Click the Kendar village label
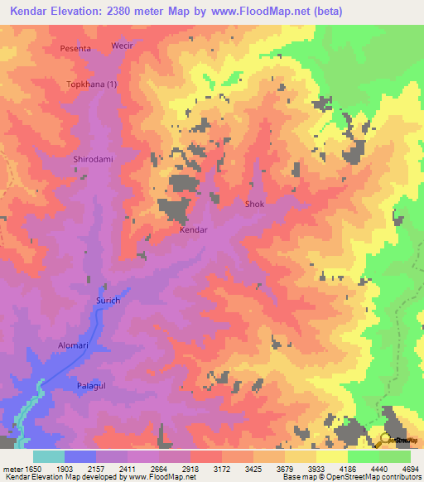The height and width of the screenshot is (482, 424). click(x=193, y=230)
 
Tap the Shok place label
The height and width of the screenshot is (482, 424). click(x=254, y=203)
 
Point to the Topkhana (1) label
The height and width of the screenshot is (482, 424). click(x=91, y=84)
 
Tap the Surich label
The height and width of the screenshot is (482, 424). click(x=108, y=301)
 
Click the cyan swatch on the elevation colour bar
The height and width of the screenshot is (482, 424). click(x=48, y=456)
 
